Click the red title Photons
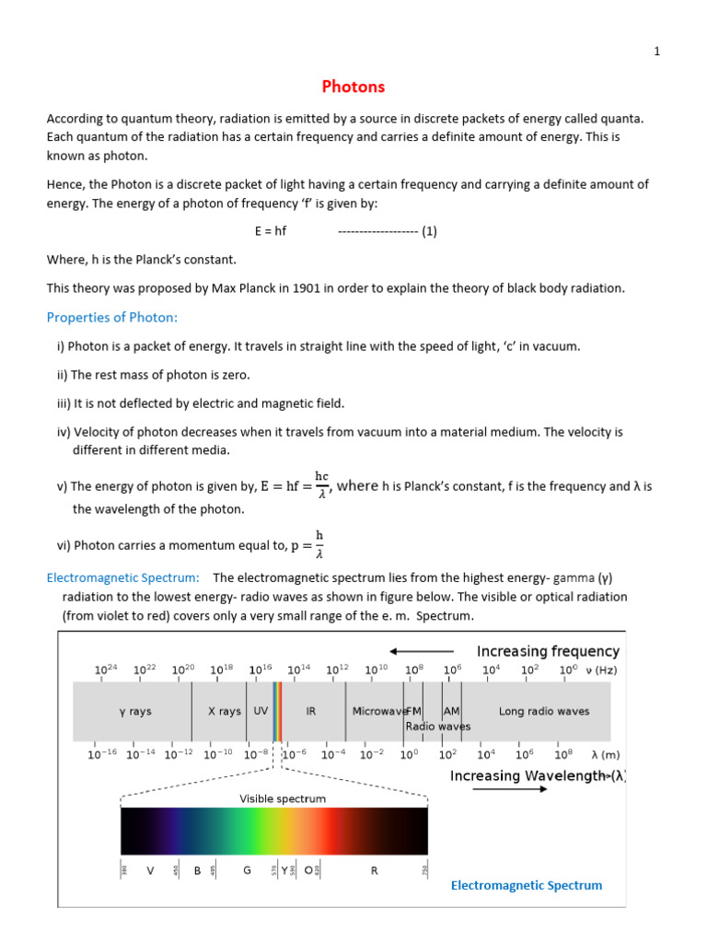point(353,87)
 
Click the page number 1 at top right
point(656,52)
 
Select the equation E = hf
point(271,231)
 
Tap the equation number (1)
point(429,231)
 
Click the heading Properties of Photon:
point(111,318)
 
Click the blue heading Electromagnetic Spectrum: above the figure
point(123,577)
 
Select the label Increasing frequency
point(547,651)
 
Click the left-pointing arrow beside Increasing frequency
point(422,651)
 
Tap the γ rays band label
point(134,711)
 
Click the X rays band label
point(224,711)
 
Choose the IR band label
point(311,711)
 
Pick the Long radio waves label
point(544,711)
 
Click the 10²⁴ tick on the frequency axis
point(107,669)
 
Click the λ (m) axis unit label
point(605,754)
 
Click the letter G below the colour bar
point(247,869)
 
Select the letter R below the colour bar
point(374,869)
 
